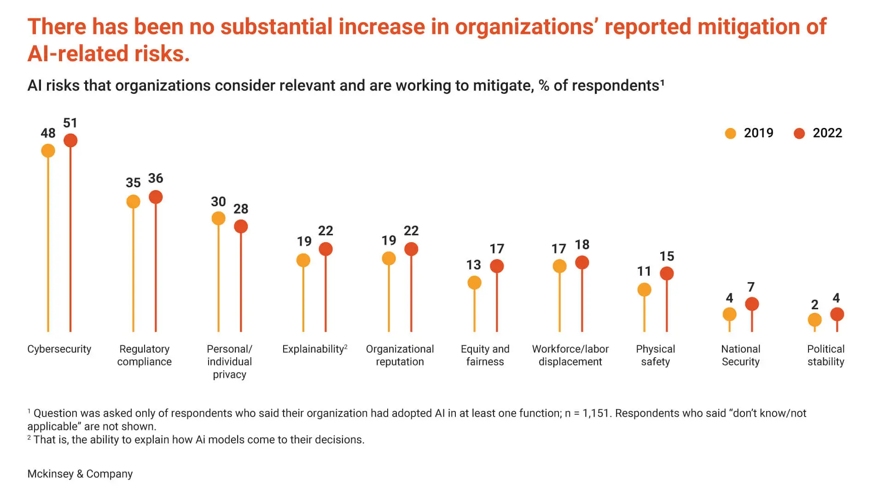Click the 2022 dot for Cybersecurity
point(70,140)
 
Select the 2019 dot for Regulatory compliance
point(133,202)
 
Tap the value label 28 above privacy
point(241,209)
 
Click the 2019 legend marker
point(730,133)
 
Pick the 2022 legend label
point(827,133)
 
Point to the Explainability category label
point(314,349)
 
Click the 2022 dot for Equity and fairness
point(497,266)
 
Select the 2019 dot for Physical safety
point(644,290)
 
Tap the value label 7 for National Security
point(751,287)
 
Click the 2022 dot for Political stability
point(837,314)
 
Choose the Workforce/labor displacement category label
point(570,355)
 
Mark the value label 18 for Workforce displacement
point(582,245)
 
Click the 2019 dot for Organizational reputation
point(389,259)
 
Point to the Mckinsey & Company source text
point(80,474)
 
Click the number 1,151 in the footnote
point(596,413)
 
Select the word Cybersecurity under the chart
point(59,349)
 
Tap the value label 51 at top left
point(70,123)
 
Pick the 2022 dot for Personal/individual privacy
point(241,226)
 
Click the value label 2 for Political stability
point(814,305)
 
